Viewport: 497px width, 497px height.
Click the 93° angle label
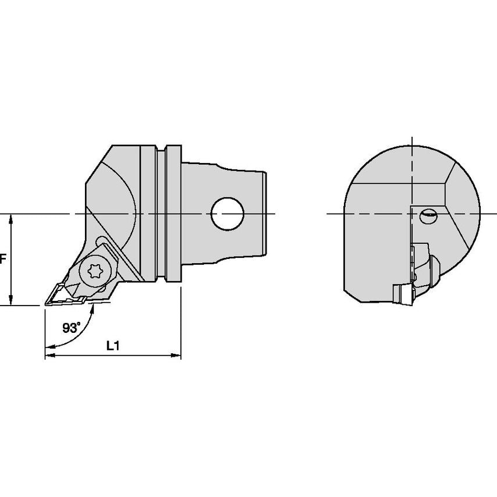(x=72, y=328)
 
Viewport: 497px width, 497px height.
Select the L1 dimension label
(x=112, y=346)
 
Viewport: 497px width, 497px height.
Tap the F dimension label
(x=3, y=260)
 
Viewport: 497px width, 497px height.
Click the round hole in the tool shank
(x=228, y=214)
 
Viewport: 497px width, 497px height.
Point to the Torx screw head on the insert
(x=95, y=271)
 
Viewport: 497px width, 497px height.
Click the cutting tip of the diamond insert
(x=45, y=304)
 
